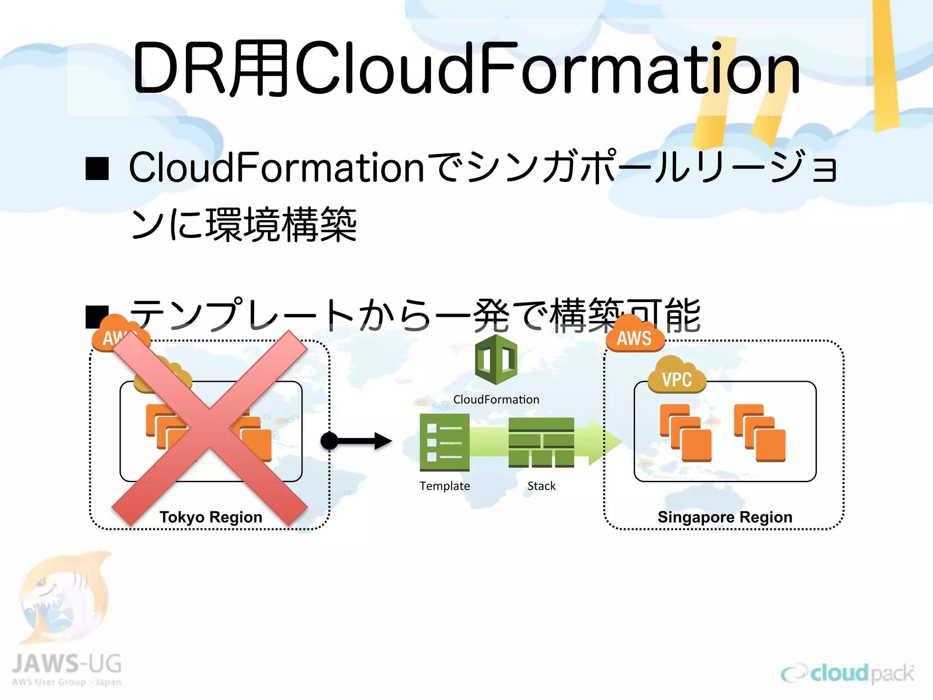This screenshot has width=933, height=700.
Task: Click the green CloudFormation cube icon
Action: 496,360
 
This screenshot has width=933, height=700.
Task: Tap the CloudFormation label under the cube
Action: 496,400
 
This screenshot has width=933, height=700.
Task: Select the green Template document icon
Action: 445,442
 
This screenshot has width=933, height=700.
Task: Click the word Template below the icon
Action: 445,486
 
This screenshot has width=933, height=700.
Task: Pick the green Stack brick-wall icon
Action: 541,442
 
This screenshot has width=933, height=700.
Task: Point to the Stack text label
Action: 541,486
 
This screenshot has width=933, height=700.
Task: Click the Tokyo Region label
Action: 210,517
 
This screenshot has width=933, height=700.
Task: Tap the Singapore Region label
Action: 725,517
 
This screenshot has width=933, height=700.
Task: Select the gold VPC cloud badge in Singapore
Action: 677,376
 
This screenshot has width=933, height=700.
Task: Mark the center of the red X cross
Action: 210,428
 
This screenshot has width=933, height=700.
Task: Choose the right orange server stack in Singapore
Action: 759,433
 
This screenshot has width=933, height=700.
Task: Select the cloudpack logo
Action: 847,674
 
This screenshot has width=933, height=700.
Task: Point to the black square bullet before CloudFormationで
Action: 97,169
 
